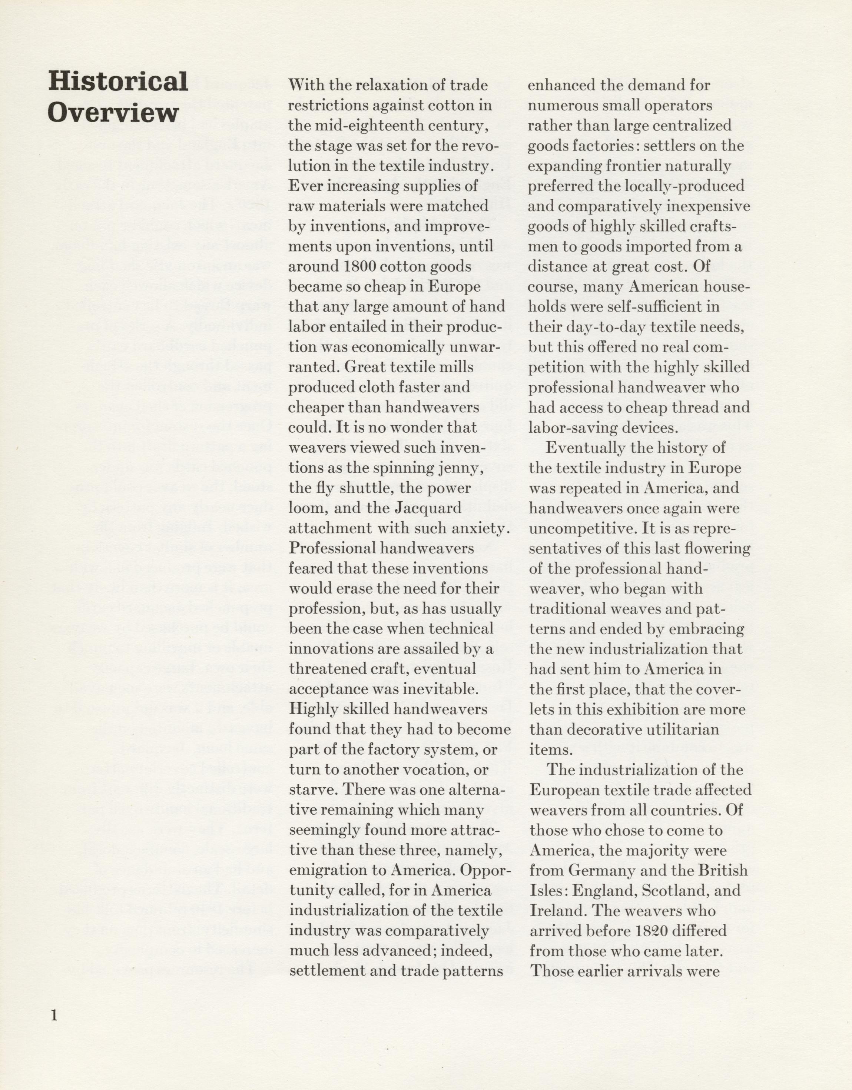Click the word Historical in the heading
click(x=118, y=82)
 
